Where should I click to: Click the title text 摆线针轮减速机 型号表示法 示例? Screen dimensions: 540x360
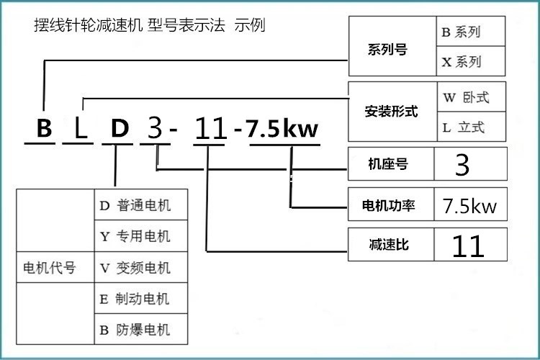click(x=150, y=25)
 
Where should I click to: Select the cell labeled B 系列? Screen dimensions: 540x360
click(x=470, y=32)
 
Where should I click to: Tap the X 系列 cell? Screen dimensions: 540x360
click(x=470, y=61)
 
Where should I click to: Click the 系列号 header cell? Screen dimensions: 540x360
click(x=392, y=46)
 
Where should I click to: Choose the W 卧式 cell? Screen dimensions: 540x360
click(x=472, y=96)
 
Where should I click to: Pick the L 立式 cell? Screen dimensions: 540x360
click(x=472, y=127)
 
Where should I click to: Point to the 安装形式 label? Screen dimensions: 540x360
click(x=391, y=112)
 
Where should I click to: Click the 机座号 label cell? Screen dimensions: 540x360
click(x=391, y=163)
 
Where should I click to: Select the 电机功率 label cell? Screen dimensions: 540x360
click(x=391, y=204)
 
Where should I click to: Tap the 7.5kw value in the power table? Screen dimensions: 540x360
click(x=469, y=206)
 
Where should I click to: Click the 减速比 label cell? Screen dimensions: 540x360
click(x=391, y=244)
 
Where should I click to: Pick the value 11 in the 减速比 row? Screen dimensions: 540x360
click(x=469, y=246)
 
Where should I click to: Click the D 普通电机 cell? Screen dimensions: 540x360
click(x=141, y=204)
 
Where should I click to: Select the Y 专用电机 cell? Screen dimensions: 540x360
click(x=141, y=235)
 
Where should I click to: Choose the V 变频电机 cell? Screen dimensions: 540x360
click(x=141, y=267)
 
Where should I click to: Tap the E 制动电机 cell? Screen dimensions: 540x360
click(x=141, y=298)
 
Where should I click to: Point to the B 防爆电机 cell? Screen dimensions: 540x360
click(x=141, y=329)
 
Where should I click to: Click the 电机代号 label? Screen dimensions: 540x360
click(x=49, y=268)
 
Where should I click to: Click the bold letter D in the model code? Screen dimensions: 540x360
click(x=120, y=128)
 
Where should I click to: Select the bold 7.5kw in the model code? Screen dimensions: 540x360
click(x=282, y=128)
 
